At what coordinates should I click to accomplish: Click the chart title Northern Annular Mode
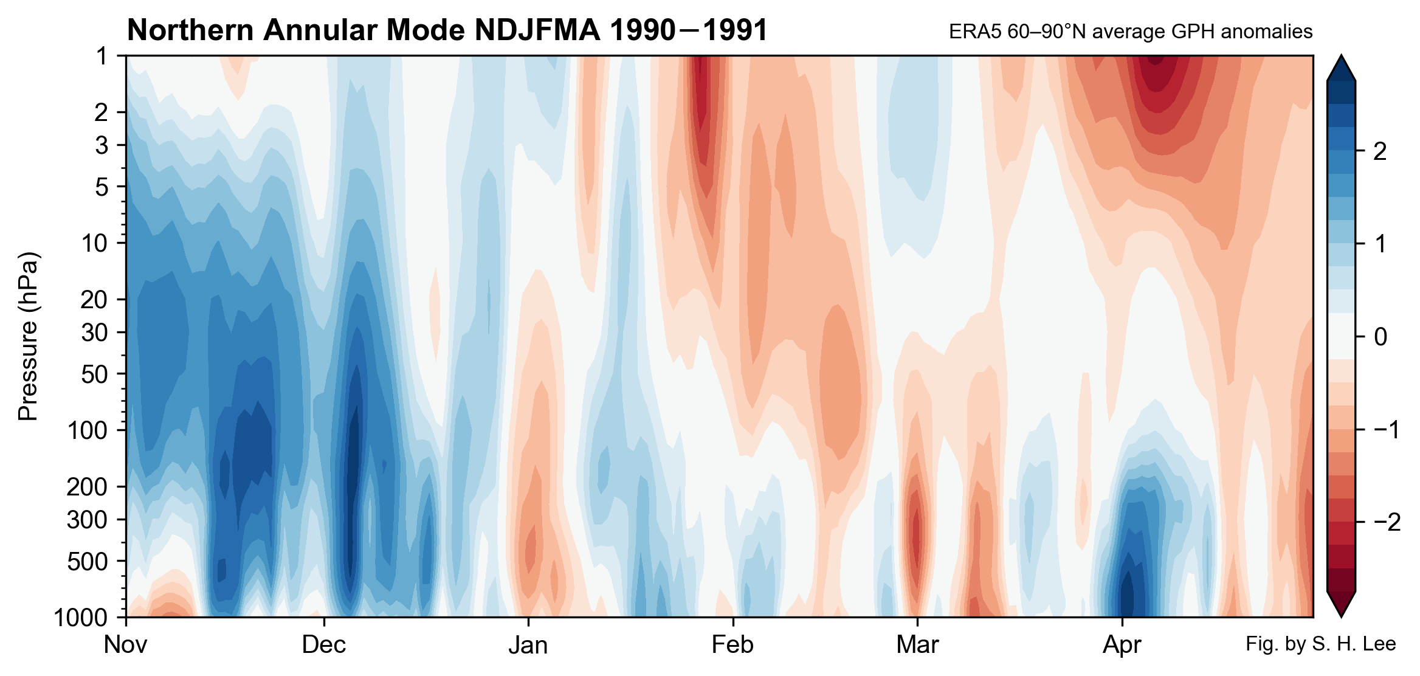447,30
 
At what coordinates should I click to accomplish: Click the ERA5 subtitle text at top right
1130,32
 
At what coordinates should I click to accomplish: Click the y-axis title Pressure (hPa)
29,336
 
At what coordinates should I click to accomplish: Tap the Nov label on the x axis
125,645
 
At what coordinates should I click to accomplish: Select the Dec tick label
323,645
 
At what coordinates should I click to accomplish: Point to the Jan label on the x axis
528,645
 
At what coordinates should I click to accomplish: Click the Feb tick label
732,645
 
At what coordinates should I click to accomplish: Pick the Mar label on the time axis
917,645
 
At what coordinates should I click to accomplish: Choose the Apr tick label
1122,645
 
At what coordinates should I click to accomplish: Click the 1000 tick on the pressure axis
81,618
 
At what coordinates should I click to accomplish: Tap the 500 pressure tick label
88,561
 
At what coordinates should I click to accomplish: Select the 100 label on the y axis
88,430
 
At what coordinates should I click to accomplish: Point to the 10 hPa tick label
94,243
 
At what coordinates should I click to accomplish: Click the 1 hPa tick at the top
102,56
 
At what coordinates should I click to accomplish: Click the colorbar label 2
1380,151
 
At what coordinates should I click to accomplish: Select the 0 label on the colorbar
1380,337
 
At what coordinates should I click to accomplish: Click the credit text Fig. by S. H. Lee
1320,644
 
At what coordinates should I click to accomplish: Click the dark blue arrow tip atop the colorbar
1340,68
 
